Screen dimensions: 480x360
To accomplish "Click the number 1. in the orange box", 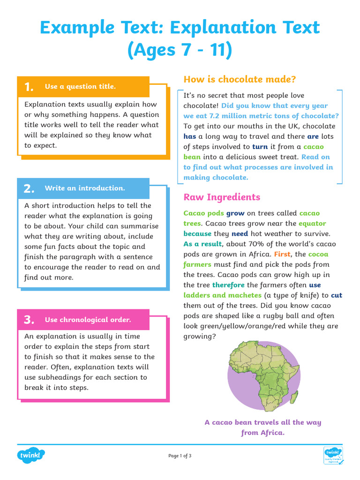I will [x=29, y=87].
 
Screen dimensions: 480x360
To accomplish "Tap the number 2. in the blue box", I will [x=29, y=188].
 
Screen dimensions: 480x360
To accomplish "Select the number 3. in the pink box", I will [x=29, y=320].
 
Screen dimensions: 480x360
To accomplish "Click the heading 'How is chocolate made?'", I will [x=240, y=79].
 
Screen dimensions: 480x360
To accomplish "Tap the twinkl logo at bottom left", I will [x=31, y=455].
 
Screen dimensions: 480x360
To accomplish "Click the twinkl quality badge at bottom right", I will [x=334, y=455].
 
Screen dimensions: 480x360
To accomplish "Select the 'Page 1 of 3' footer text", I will [x=180, y=456].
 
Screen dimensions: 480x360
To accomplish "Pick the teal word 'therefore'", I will [x=228, y=285].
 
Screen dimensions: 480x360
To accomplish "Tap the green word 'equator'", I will [x=312, y=223].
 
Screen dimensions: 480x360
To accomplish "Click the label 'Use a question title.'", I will [x=80, y=86].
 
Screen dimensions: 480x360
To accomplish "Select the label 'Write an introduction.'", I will [x=85, y=188].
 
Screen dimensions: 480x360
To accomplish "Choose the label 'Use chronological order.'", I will [x=88, y=320].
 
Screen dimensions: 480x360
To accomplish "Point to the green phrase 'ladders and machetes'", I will [x=222, y=295].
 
